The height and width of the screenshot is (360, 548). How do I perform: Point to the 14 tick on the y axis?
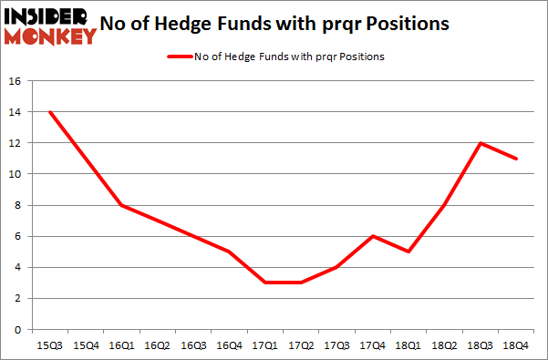(15, 112)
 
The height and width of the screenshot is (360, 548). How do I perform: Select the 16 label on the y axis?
(15, 81)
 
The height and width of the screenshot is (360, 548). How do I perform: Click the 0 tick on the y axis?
(18, 329)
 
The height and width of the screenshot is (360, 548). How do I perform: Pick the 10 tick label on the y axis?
(15, 174)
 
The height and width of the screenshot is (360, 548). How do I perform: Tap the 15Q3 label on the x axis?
(50, 345)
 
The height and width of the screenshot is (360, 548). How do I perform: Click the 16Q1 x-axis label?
(121, 345)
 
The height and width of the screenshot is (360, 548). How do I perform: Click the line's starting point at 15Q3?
(50, 112)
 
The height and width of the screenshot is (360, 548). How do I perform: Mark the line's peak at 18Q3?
(478, 143)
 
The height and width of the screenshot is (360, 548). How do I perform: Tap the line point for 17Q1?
(264, 283)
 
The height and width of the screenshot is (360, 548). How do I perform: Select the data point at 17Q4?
(371, 236)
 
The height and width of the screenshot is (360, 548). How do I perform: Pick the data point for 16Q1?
(121, 205)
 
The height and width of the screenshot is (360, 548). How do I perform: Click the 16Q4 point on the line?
(229, 252)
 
